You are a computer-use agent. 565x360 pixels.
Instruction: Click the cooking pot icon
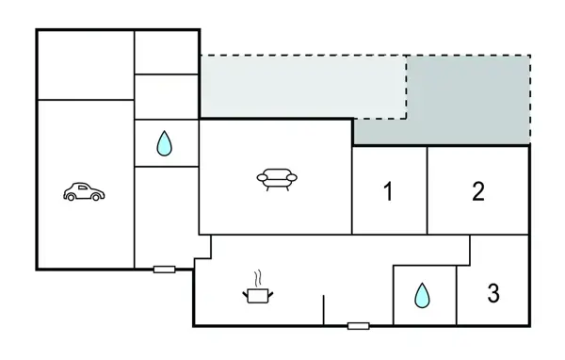[256, 295]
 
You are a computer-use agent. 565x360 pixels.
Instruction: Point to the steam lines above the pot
[255, 279]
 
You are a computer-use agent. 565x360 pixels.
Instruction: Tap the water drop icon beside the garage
[165, 143]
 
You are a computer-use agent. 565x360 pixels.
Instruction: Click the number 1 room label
[388, 192]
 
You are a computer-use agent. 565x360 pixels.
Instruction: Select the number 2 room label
[478, 191]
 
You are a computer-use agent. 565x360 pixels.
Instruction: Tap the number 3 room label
[493, 293]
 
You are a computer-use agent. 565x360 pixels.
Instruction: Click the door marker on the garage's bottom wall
[164, 270]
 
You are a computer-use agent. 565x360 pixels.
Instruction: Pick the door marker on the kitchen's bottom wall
[358, 326]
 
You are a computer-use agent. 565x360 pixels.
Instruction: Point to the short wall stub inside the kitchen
[323, 310]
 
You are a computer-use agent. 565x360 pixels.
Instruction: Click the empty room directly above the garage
[85, 64]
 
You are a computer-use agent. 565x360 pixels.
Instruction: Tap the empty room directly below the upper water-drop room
[165, 217]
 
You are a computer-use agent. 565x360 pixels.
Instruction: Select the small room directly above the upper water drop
[166, 96]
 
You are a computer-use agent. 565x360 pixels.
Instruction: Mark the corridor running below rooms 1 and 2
[339, 248]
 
